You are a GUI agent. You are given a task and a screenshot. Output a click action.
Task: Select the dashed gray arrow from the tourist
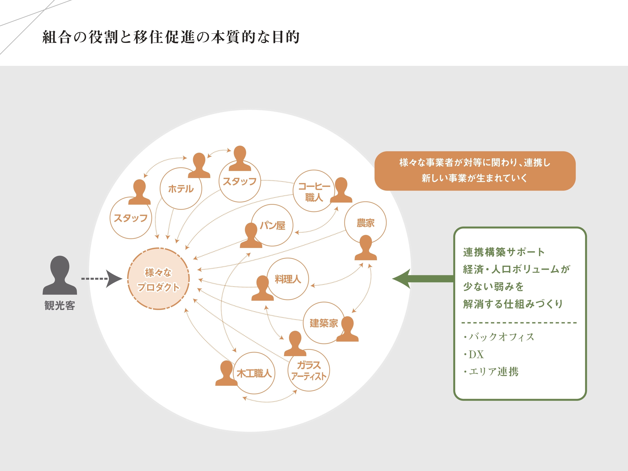point(102,279)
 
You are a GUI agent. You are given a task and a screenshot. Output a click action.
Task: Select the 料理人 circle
point(309,279)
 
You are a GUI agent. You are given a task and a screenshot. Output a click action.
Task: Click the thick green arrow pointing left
point(423,279)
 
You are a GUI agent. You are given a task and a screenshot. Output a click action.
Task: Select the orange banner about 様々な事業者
point(475,171)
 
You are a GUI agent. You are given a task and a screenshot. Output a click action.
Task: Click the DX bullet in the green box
point(473,354)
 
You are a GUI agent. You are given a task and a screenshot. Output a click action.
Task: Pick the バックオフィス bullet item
point(498,337)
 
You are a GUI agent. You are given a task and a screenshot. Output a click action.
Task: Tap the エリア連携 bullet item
point(491,372)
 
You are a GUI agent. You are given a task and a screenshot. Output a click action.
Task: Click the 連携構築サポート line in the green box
point(504,252)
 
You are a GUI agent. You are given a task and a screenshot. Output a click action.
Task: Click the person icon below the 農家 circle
point(366,247)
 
